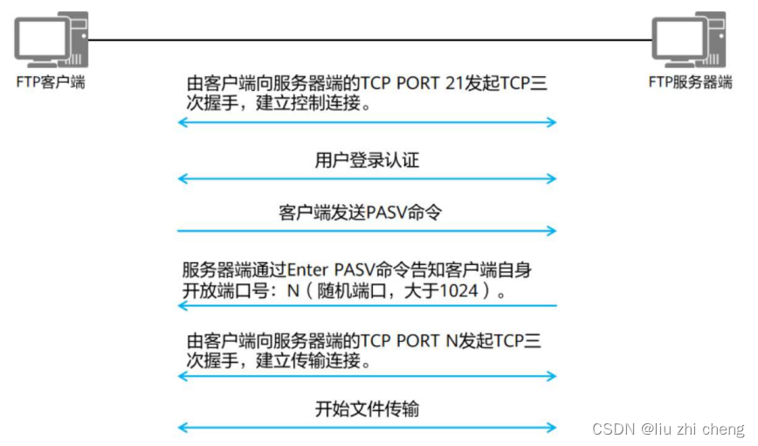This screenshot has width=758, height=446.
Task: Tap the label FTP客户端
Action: click(x=50, y=83)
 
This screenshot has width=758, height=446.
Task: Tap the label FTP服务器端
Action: click(x=689, y=83)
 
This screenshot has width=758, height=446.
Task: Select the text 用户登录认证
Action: click(x=367, y=160)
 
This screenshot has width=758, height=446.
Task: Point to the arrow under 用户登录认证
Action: click(x=367, y=179)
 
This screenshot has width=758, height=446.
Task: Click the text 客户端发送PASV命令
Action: click(x=367, y=213)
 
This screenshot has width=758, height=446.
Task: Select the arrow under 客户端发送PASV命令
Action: click(x=367, y=231)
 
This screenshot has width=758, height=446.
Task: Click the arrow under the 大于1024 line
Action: click(x=367, y=305)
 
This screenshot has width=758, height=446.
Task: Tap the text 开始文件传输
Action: click(x=367, y=408)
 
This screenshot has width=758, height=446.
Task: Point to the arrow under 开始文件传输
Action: click(x=367, y=428)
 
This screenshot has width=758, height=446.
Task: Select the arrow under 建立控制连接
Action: click(x=367, y=122)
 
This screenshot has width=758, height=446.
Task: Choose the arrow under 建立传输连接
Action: click(x=367, y=376)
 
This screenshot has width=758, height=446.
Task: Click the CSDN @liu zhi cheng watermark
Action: click(x=668, y=429)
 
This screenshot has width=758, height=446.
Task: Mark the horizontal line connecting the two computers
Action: click(x=367, y=40)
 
